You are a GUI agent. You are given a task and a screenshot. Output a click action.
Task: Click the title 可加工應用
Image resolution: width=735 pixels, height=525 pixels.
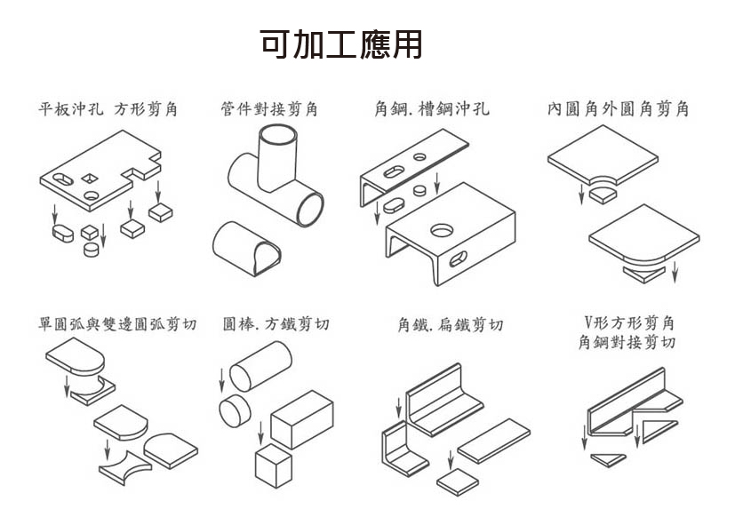click(x=341, y=44)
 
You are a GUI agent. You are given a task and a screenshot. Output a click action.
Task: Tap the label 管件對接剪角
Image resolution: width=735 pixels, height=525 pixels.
click(x=269, y=109)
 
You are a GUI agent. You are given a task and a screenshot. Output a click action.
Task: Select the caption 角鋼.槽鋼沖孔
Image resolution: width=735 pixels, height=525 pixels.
click(x=431, y=109)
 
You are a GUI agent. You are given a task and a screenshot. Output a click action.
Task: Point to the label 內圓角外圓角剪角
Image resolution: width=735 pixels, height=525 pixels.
click(x=618, y=109)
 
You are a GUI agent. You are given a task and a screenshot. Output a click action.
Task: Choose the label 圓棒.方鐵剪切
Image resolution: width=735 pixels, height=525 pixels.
click(x=276, y=324)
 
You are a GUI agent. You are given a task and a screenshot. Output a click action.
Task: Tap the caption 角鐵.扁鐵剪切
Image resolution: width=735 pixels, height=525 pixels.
click(x=451, y=325)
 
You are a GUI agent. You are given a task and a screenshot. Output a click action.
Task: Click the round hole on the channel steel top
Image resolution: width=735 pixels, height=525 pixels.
click(x=442, y=231)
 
